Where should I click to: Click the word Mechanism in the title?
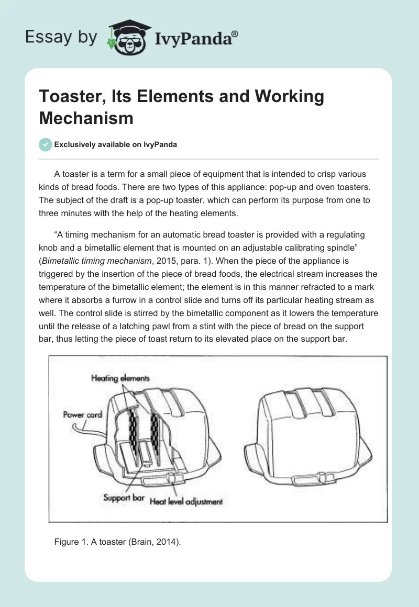pyautogui.click(x=86, y=118)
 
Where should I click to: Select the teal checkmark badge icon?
pyautogui.click(x=46, y=145)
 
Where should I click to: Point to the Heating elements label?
pyautogui.click(x=120, y=378)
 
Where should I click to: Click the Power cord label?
pyautogui.click(x=82, y=414)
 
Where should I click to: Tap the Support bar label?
pyautogui.click(x=124, y=497)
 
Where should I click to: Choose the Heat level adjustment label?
pyautogui.click(x=186, y=501)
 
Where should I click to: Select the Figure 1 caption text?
pyautogui.click(x=117, y=542)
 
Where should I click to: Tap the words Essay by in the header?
pyautogui.click(x=61, y=37)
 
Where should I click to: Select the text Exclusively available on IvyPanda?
pyautogui.click(x=115, y=145)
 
